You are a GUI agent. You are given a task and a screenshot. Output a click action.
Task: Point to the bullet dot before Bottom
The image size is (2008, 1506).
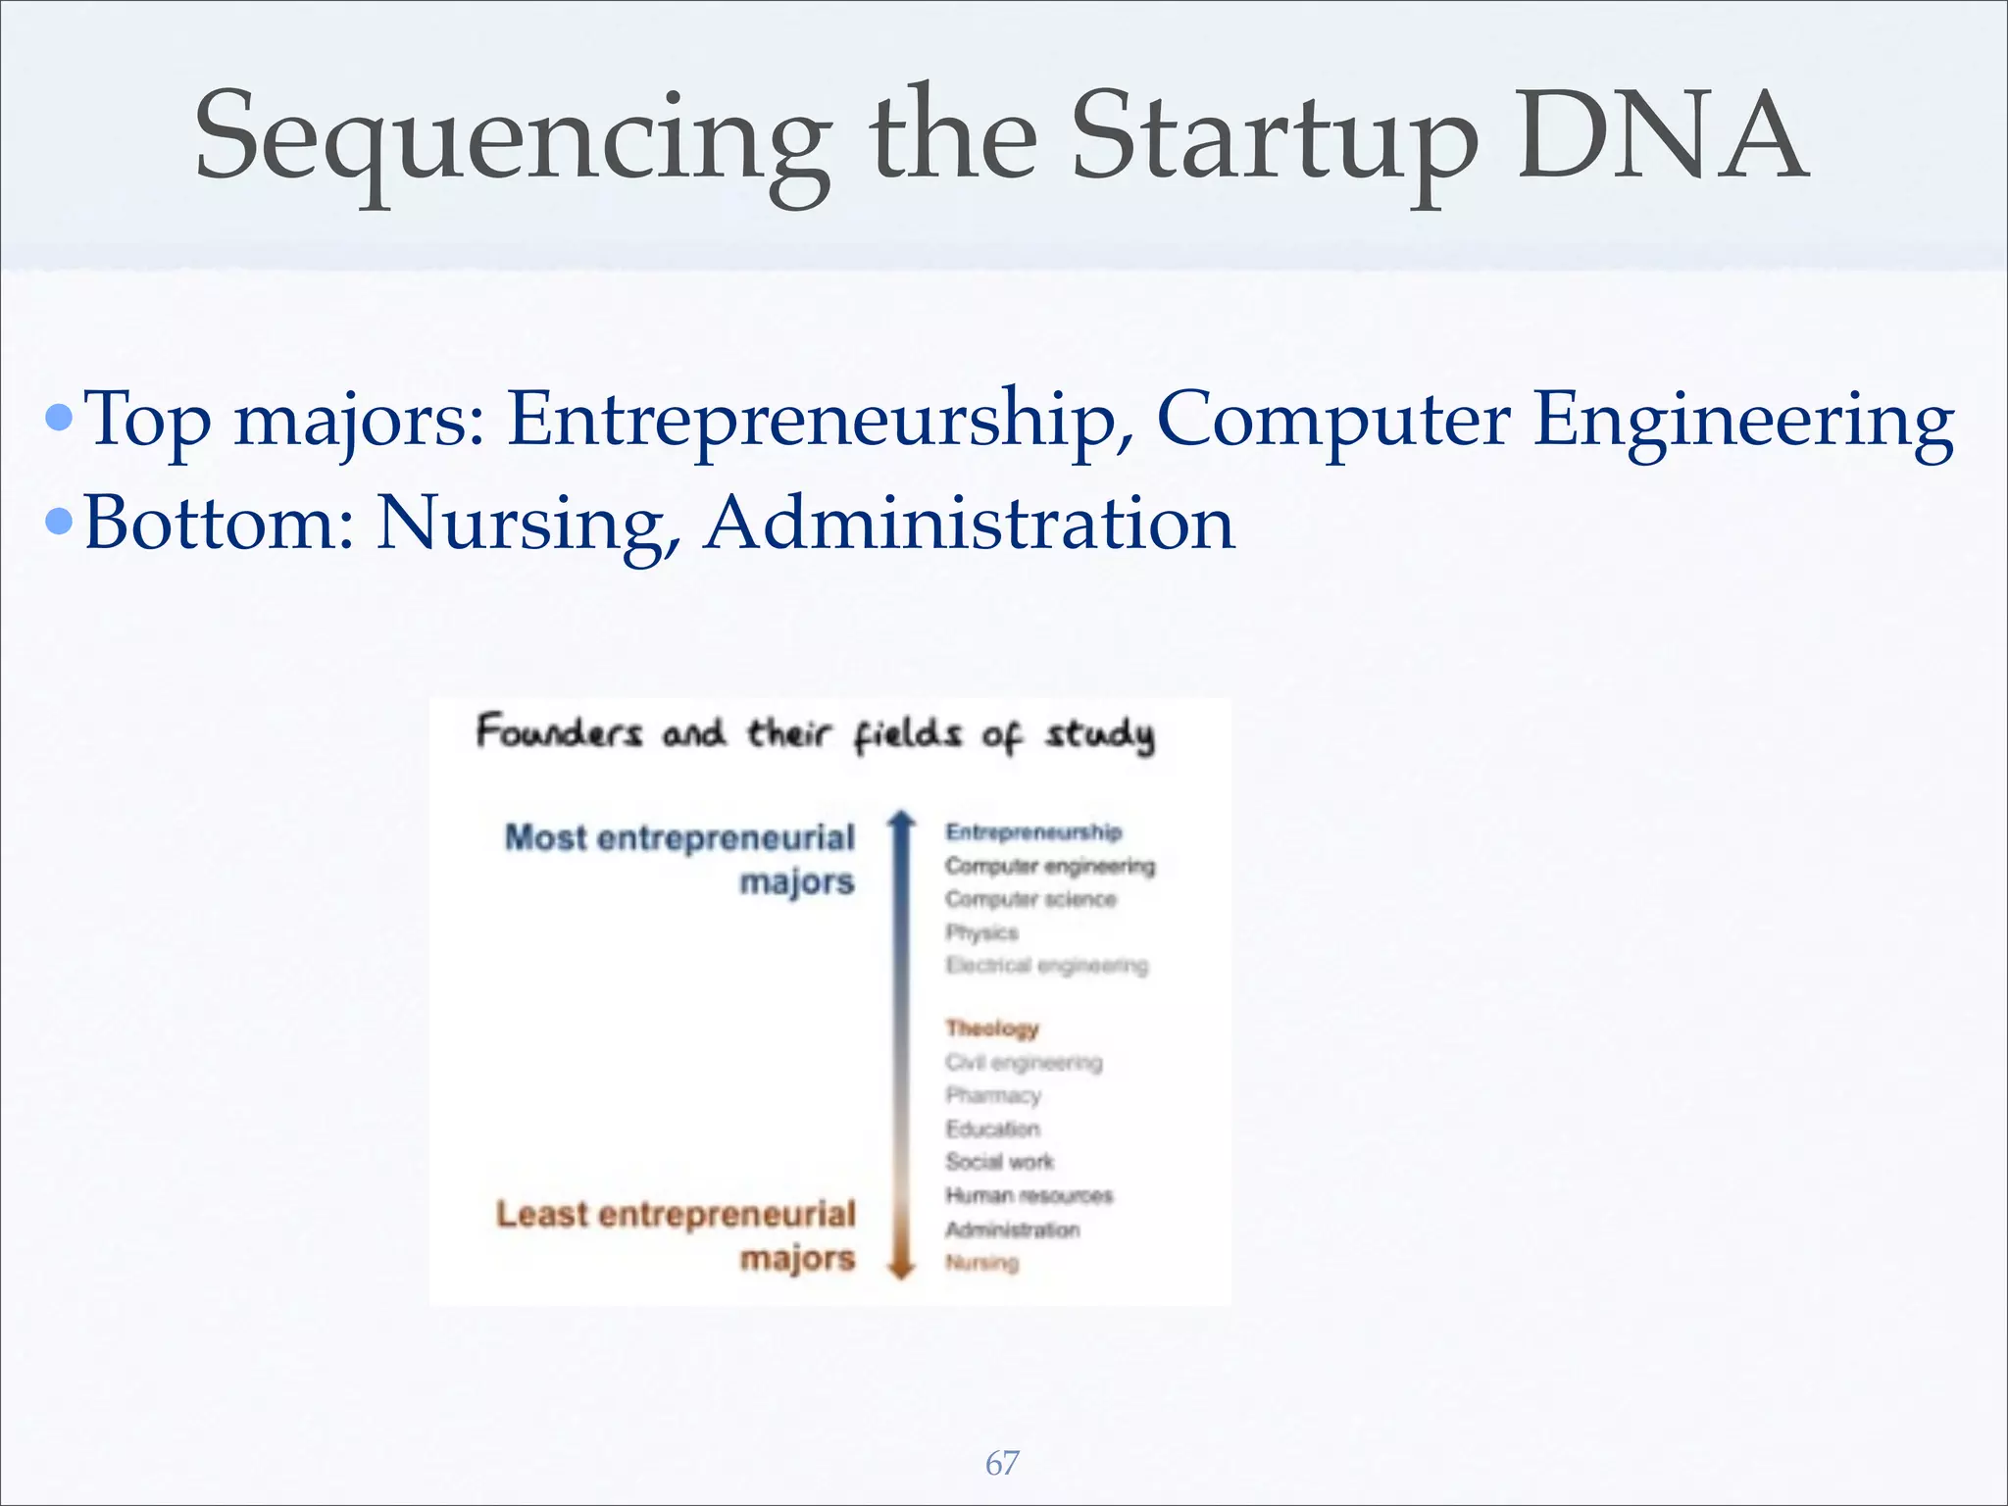click(x=60, y=522)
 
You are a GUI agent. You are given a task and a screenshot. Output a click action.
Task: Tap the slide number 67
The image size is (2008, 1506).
click(x=1002, y=1463)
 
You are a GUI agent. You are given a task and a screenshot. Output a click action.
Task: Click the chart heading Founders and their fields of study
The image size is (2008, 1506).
click(x=816, y=733)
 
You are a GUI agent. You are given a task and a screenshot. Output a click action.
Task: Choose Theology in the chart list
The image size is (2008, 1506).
click(x=991, y=1029)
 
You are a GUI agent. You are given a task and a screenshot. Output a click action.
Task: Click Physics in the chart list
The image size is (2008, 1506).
click(x=981, y=932)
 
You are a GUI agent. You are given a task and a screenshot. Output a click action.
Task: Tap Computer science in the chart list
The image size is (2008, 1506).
click(x=1030, y=899)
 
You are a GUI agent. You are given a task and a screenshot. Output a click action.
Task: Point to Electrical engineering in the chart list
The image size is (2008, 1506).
click(x=1046, y=966)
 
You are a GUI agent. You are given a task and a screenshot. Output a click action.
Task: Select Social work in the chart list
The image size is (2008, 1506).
click(x=999, y=1162)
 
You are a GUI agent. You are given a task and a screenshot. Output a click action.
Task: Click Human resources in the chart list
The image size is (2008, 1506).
click(x=1029, y=1195)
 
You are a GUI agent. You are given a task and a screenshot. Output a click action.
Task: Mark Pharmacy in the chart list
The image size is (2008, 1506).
click(x=992, y=1095)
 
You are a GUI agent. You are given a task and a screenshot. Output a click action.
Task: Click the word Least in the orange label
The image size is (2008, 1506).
click(x=542, y=1215)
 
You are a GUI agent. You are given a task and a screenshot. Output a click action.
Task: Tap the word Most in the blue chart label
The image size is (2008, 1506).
click(x=545, y=838)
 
